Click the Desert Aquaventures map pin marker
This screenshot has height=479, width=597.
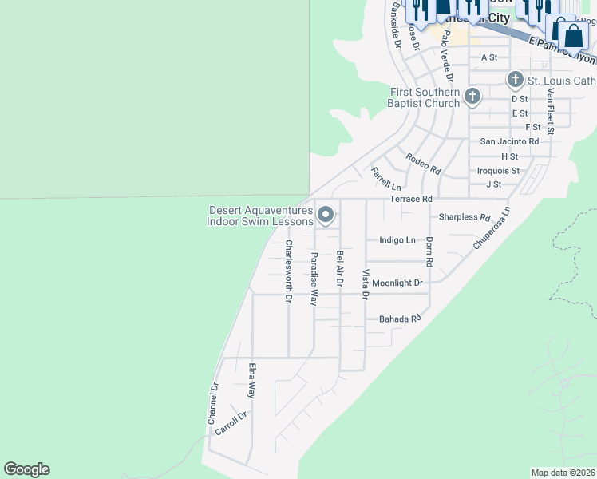[326, 215]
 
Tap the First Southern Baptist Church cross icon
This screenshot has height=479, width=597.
[472, 97]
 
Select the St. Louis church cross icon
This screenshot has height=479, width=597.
[515, 80]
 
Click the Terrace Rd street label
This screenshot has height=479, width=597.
[410, 199]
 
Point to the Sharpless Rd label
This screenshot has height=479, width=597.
[464, 217]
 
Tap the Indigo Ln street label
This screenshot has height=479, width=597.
[397, 240]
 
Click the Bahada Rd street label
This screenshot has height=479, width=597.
[399, 319]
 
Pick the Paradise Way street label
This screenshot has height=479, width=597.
[314, 279]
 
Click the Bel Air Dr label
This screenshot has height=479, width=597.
[340, 268]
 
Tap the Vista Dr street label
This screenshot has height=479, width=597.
[366, 284]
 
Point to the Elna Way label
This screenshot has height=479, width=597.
[252, 382]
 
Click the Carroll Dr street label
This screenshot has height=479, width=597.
[231, 423]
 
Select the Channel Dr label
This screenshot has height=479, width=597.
[213, 404]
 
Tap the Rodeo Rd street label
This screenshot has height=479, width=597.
[423, 164]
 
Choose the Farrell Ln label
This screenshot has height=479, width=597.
[384, 178]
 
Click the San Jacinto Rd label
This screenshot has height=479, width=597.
[509, 141]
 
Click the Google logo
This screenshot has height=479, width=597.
[26, 469]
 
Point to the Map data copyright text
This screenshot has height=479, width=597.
[562, 473]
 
